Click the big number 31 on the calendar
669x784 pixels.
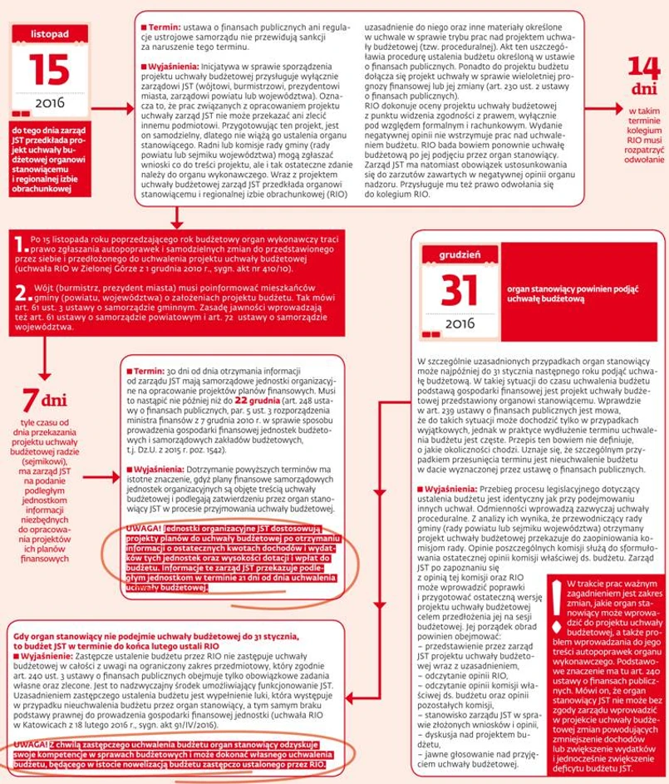(454, 288)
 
